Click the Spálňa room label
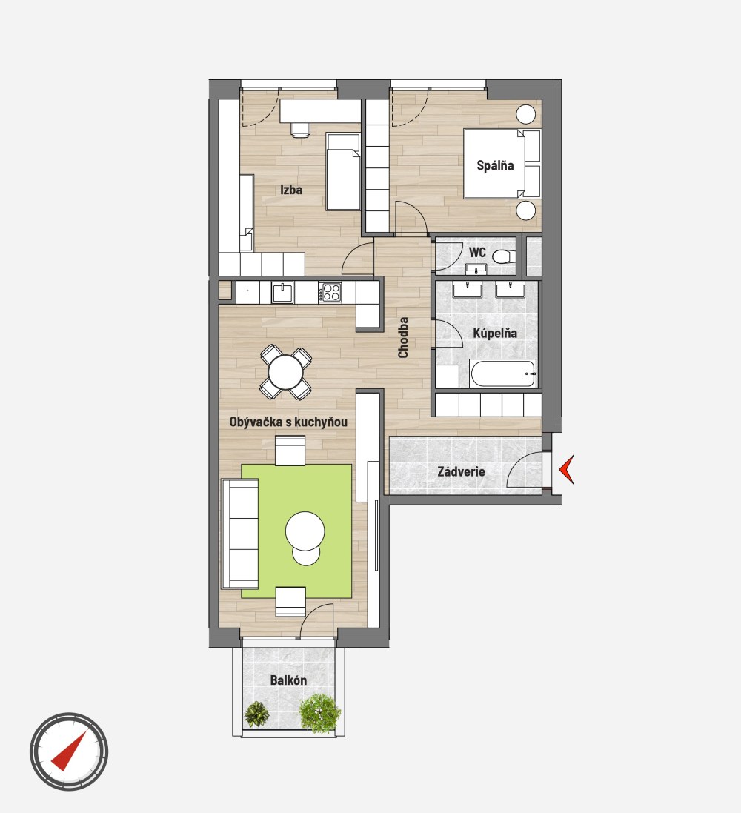(x=495, y=165)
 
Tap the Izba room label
(x=291, y=190)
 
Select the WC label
(x=477, y=253)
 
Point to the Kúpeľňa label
(x=495, y=333)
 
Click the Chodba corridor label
(x=403, y=337)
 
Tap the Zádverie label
(x=461, y=472)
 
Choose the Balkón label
(x=288, y=680)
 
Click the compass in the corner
(x=69, y=751)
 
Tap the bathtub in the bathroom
(x=502, y=374)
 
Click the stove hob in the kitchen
(x=330, y=293)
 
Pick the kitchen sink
(x=282, y=293)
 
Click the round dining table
(x=285, y=372)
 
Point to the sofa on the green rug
(x=240, y=534)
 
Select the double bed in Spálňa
(x=502, y=164)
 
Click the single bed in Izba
(x=343, y=172)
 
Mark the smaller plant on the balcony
(x=256, y=714)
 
